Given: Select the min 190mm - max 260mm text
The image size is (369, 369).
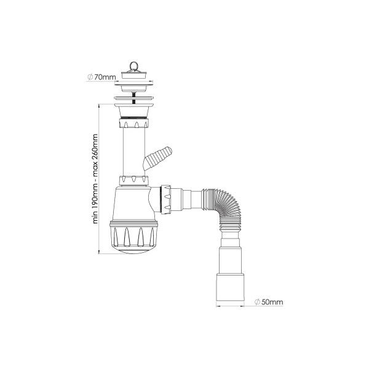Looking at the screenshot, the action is pyautogui.click(x=95, y=179).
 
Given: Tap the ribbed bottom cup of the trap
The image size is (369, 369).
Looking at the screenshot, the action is pyautogui.click(x=134, y=236).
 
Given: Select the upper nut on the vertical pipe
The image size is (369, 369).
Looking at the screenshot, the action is pyautogui.click(x=134, y=124).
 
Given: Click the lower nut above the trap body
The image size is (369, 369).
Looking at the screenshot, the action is pyautogui.click(x=134, y=180).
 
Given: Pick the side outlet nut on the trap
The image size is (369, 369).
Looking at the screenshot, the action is pyautogui.click(x=165, y=199).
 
